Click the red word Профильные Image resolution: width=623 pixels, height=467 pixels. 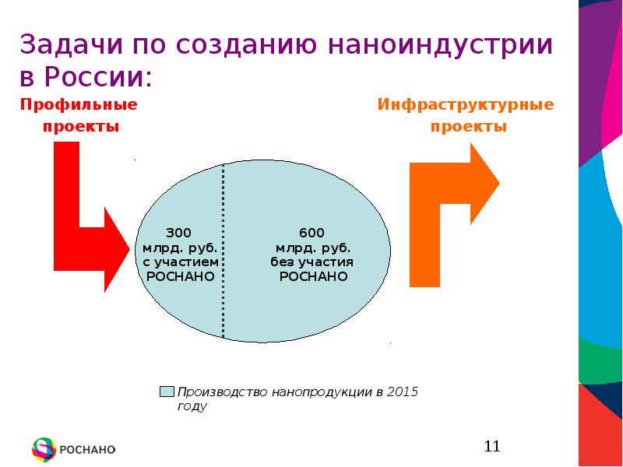tap(79, 104)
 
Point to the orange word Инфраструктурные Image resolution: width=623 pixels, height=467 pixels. tap(466, 104)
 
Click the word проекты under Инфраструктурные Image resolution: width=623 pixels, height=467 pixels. tap(469, 127)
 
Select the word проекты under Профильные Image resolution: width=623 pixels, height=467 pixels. tap(81, 127)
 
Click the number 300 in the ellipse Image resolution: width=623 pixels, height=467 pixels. tap(178, 233)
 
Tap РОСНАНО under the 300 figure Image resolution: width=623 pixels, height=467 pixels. tap(180, 276)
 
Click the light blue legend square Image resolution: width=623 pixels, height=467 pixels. tap(166, 391)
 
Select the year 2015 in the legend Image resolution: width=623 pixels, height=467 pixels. tap(403, 391)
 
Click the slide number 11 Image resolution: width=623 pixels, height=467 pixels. tap(491, 446)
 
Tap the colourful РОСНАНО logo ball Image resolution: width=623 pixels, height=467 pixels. tap(44, 449)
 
